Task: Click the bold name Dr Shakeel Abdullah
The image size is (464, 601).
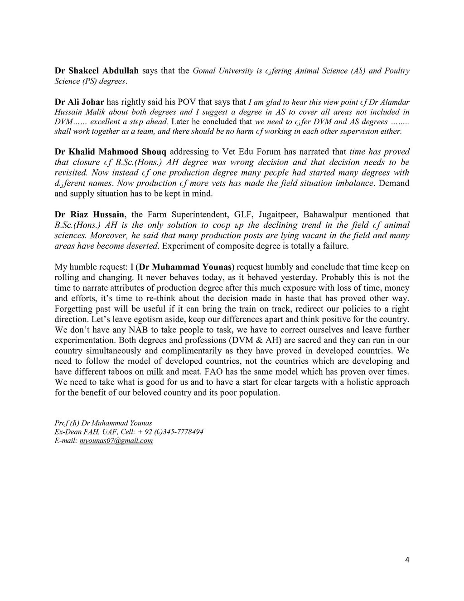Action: click(97, 71)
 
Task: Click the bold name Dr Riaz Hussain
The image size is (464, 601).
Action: click(89, 215)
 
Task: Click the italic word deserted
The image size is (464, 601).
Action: click(144, 246)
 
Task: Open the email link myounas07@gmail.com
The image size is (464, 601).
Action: click(116, 440)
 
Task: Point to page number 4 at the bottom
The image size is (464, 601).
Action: click(406, 560)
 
